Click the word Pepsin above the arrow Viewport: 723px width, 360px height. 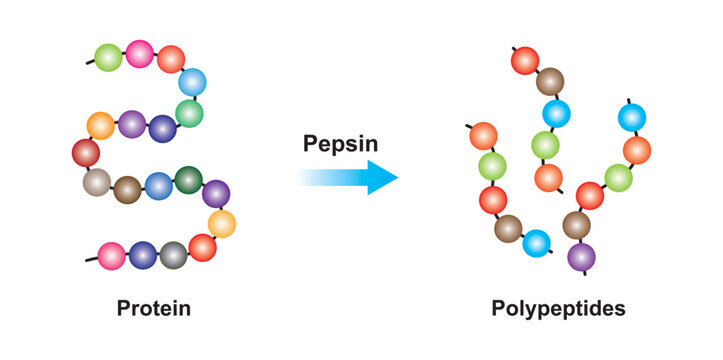tap(341, 144)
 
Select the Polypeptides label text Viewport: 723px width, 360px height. tap(558, 308)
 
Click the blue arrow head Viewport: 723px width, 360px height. tap(381, 177)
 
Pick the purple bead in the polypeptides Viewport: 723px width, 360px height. tap(582, 257)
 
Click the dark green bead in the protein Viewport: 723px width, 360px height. tap(188, 180)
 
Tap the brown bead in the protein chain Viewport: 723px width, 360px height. tap(127, 189)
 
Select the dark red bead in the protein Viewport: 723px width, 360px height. tap(87, 153)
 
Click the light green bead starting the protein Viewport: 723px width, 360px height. tap(109, 57)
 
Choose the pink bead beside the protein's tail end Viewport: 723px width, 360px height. tap(111, 255)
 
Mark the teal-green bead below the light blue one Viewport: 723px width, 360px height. tap(189, 113)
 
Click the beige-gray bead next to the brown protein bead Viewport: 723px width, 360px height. tap(96, 182)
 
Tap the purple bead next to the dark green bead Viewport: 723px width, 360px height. tap(215, 193)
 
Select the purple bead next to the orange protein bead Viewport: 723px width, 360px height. tap(132, 124)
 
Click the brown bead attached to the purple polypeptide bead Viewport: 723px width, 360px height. tap(576, 225)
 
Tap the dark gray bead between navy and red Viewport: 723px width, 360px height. tap(174, 255)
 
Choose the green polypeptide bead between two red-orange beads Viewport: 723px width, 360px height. tap(492, 165)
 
